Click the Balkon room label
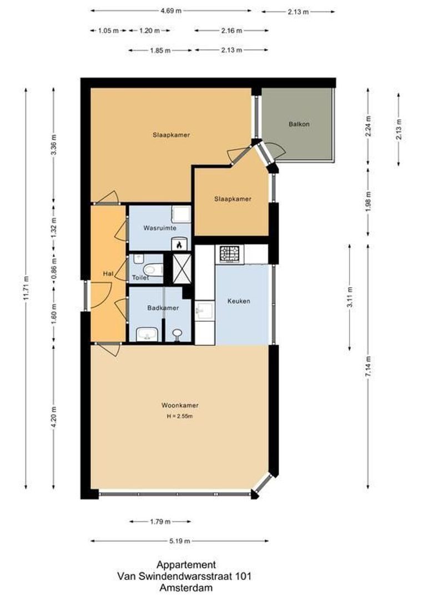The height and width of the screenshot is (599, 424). (299, 124)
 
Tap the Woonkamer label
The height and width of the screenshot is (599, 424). (180, 405)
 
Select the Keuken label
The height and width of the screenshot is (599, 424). (239, 301)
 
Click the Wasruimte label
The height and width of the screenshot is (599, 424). (160, 228)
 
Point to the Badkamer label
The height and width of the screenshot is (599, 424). (163, 308)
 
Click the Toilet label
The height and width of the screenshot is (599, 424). (140, 278)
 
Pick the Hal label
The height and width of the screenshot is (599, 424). (108, 273)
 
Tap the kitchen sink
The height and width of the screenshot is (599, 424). (205, 310)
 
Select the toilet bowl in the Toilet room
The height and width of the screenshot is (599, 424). (153, 270)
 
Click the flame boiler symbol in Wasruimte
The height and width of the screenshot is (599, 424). (179, 244)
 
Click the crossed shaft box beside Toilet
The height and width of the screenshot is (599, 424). (182, 268)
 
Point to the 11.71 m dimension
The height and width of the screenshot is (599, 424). (26, 288)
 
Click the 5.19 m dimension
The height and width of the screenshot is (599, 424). (180, 541)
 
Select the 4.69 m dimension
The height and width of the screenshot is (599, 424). (171, 11)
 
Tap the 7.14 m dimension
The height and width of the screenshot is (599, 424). (368, 367)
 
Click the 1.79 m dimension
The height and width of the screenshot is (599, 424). (160, 521)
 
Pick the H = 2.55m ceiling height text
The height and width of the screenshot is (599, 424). (180, 417)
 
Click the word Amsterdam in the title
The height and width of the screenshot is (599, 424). (186, 588)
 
